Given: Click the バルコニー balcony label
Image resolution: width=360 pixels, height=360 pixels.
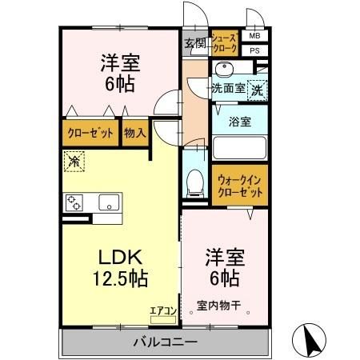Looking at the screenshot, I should (x=165, y=342).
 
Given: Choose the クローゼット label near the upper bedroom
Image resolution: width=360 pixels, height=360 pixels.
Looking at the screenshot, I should (x=90, y=133).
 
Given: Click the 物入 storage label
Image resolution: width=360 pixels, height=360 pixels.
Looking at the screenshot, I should (x=134, y=133).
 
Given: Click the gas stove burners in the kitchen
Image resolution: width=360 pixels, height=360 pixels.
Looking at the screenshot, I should (x=74, y=202).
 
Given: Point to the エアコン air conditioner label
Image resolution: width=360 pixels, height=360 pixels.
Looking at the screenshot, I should (x=161, y=310).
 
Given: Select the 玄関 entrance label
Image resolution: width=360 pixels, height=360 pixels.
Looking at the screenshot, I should (x=194, y=43).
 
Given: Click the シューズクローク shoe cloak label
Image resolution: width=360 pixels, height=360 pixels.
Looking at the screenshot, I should (x=225, y=43).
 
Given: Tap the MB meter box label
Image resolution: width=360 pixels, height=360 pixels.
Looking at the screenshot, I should (x=254, y=36).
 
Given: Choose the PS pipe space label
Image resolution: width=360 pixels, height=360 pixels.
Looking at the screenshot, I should (x=254, y=50).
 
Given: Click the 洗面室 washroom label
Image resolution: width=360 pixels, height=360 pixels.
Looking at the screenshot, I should (x=227, y=89).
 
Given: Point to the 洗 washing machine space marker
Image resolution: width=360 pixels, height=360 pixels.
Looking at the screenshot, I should (x=257, y=90).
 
